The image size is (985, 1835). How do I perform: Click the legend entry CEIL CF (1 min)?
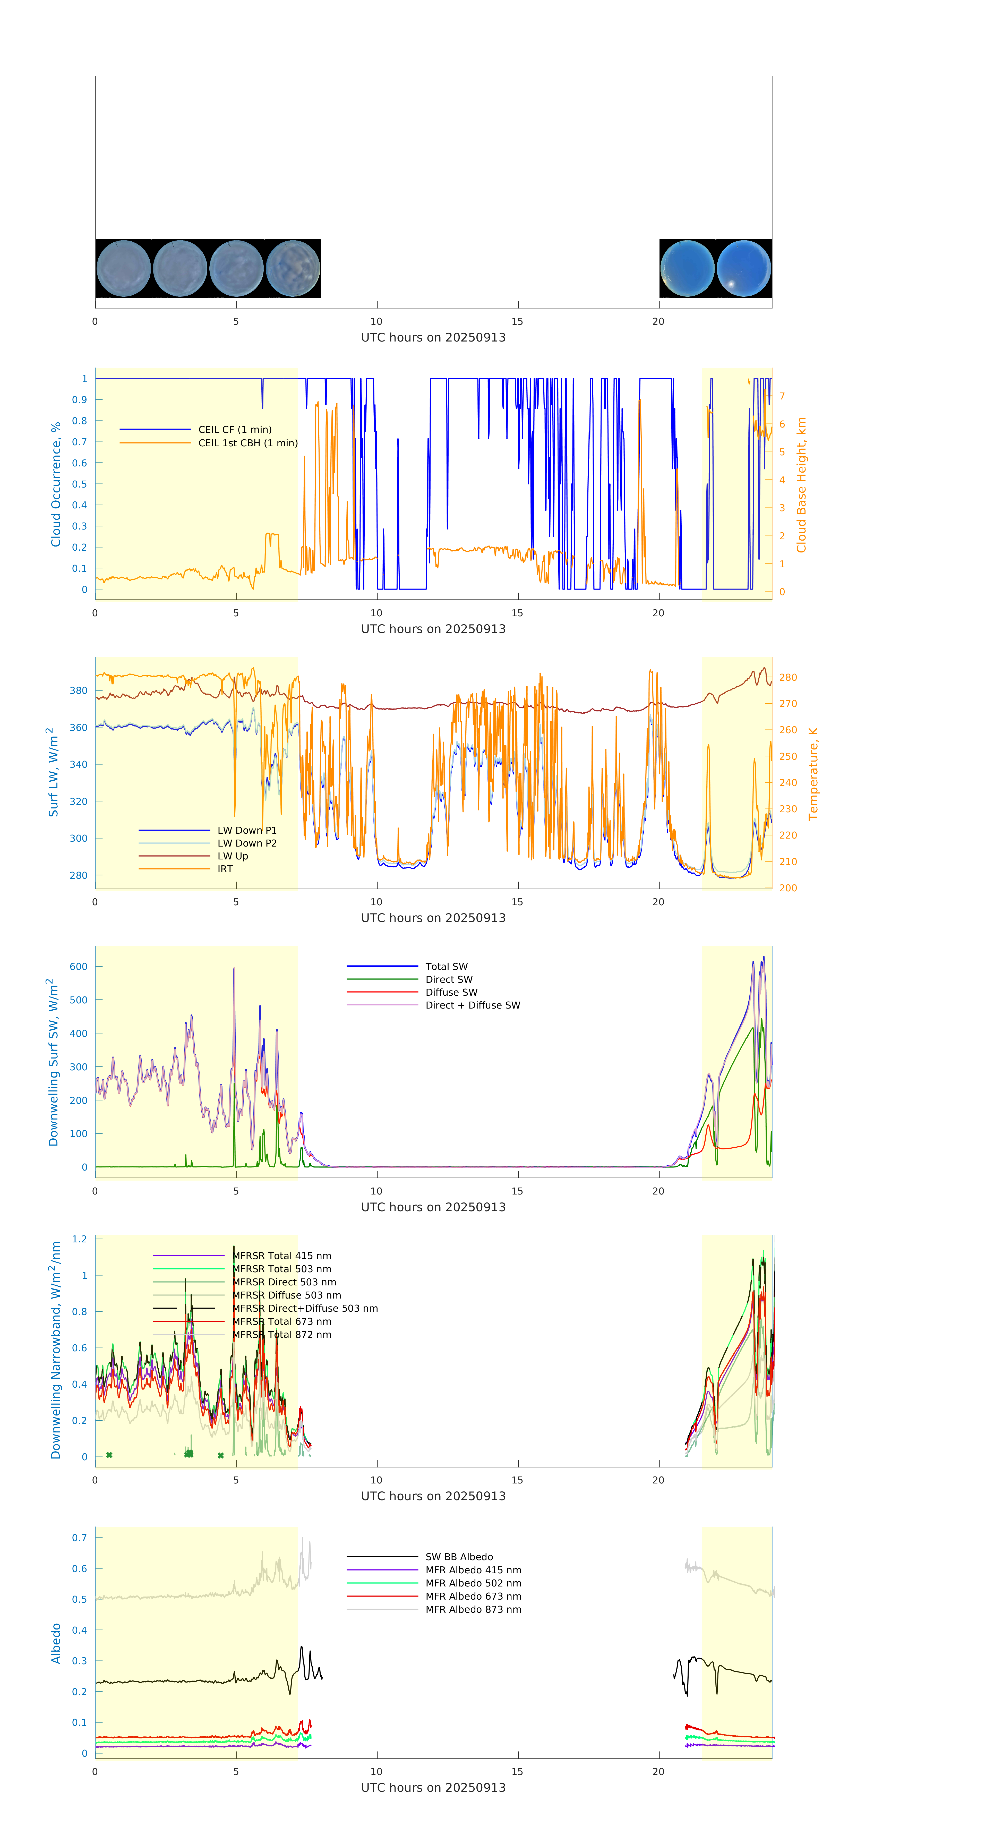234,430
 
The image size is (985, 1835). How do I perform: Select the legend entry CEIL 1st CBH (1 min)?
247,443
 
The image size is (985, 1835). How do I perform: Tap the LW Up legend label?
232,856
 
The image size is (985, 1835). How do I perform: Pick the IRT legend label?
224,869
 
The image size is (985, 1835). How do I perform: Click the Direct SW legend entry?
449,979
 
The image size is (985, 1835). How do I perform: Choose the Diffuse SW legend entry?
451,992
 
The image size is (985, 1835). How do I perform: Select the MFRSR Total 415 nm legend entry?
281,1256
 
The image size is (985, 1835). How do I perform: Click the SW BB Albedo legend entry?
459,1557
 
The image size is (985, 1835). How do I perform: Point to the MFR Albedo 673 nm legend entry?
473,1596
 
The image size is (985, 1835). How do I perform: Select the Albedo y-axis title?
56,1643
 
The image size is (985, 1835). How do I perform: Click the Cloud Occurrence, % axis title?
56,484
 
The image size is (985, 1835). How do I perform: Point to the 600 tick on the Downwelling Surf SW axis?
78,967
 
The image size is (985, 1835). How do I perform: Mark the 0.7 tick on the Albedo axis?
79,1538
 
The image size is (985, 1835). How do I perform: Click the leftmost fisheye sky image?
123,269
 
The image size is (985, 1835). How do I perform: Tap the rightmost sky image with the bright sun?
743,269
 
